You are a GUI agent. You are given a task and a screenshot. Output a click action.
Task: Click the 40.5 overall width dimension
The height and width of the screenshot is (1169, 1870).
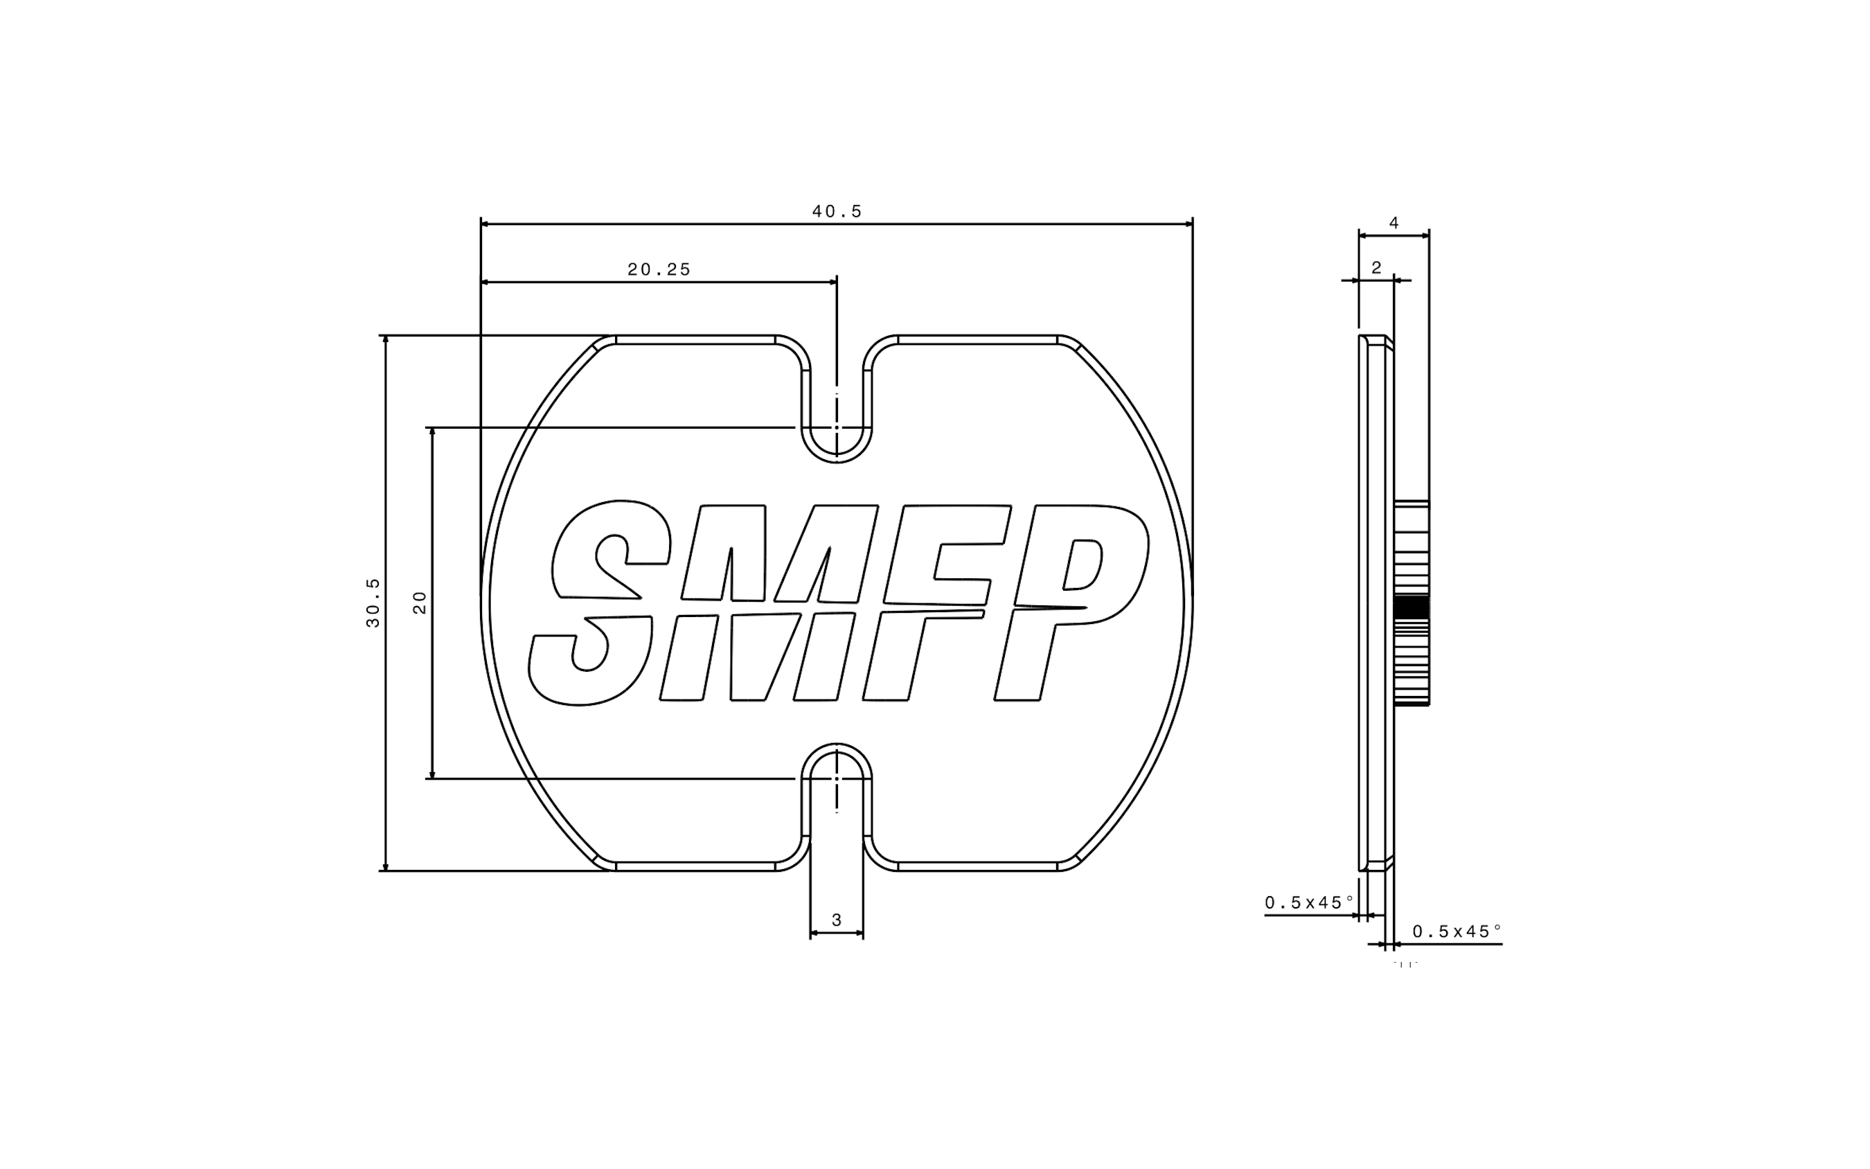click(x=837, y=211)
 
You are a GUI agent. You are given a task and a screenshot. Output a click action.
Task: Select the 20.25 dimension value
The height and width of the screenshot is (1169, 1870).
click(x=659, y=269)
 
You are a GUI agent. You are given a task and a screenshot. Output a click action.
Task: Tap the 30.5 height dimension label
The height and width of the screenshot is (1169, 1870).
click(x=373, y=603)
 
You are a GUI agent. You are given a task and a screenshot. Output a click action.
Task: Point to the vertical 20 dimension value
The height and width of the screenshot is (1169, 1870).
click(x=420, y=603)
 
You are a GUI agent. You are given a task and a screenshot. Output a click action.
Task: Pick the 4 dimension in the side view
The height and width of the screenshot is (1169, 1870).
click(x=1393, y=223)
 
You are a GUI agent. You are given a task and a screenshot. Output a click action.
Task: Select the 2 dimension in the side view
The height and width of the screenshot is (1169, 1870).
click(x=1376, y=267)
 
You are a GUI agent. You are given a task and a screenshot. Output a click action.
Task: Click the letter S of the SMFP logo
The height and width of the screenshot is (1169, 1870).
click(x=599, y=603)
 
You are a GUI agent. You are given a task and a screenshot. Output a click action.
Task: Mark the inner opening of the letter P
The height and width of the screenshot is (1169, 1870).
click(x=1083, y=564)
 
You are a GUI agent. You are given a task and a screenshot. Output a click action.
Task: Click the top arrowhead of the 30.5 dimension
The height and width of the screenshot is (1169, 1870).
click(x=385, y=339)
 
